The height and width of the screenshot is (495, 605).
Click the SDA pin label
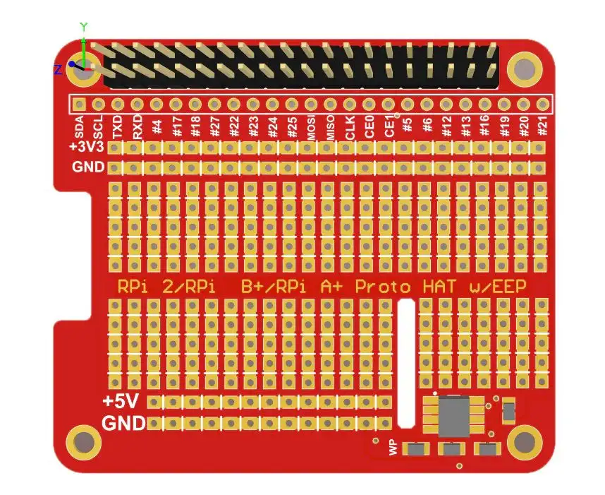pos(80,129)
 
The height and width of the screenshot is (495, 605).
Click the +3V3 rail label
pos(87,148)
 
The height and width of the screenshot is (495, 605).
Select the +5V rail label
pos(120,402)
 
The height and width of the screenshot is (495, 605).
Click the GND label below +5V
pos(124,424)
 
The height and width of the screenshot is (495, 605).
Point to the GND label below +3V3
pos(88,167)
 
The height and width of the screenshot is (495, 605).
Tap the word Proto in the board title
pos(382,287)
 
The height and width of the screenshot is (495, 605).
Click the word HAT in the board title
pos(440,287)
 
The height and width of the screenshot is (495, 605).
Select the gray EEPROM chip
pos(456,416)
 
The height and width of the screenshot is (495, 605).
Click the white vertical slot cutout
pos(406,364)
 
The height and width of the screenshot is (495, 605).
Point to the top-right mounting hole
pos(525,68)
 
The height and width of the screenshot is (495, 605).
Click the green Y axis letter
pos(84,27)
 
